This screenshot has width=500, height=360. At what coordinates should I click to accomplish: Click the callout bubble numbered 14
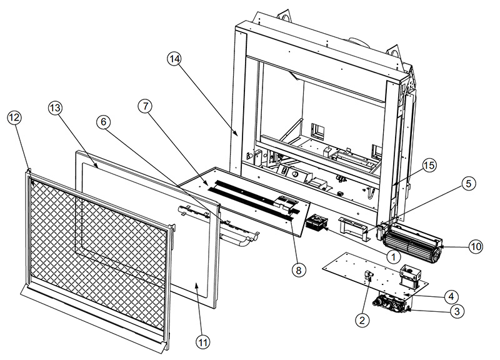(174, 59)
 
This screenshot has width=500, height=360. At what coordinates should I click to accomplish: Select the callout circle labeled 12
(16, 117)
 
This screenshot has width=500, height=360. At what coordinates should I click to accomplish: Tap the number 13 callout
(57, 108)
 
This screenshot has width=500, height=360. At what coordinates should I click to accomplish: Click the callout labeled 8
(299, 270)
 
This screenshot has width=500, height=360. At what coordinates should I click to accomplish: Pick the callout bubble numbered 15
(427, 165)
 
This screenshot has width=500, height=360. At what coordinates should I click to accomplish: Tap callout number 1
(393, 255)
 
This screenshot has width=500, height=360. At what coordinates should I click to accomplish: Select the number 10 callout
(476, 246)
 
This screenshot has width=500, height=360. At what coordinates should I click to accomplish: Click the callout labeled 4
(449, 294)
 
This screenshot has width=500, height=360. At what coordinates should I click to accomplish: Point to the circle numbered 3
(458, 310)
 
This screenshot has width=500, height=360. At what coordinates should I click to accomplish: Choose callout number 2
(361, 320)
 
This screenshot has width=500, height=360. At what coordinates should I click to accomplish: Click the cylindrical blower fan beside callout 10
(413, 244)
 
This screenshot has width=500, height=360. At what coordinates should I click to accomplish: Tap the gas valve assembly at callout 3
(390, 303)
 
